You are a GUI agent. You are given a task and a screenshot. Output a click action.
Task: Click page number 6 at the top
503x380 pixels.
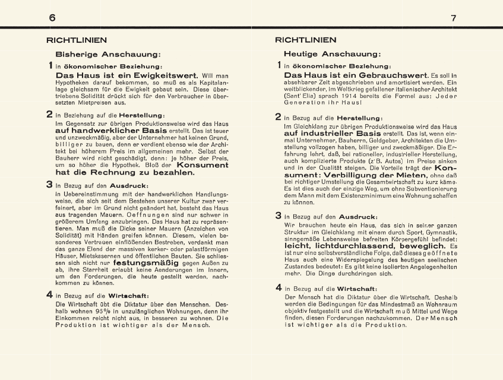(52, 18)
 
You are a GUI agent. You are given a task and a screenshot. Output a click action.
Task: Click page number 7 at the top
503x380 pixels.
(453, 18)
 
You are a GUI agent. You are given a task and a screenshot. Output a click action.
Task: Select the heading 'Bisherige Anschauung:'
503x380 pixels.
(108, 54)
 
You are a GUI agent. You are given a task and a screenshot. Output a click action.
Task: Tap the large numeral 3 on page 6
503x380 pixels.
(50, 185)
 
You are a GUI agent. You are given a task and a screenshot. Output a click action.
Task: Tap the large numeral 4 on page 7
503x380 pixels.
(279, 287)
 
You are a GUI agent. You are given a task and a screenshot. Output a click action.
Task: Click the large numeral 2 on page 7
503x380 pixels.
(279, 117)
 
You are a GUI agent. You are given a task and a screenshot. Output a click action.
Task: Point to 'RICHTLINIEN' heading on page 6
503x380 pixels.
(77, 40)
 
